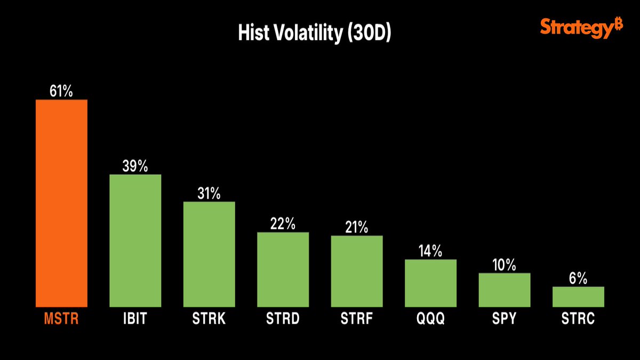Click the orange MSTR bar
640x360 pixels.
(61, 203)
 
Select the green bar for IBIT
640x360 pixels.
(135, 240)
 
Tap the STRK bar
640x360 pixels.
(209, 254)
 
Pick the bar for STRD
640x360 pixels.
(283, 269)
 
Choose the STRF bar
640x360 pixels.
(357, 271)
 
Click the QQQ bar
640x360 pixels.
(430, 283)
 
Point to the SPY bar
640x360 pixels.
(505, 290)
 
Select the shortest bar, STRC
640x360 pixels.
(578, 297)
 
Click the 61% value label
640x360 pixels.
(61, 91)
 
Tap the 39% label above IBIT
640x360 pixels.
(135, 166)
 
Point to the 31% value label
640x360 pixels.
(209, 193)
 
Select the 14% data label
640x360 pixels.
(430, 251)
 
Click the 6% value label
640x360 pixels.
(578, 278)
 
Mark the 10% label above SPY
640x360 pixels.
(505, 265)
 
